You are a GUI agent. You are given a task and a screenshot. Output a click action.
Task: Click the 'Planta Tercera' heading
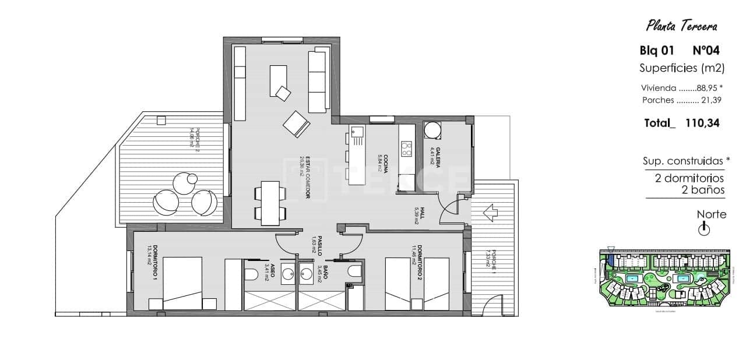point(681,26)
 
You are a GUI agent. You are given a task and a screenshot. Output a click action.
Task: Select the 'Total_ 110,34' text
point(681,123)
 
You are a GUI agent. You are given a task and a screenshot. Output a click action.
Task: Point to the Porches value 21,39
point(711,100)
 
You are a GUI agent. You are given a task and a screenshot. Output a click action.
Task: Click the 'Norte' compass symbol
point(703,230)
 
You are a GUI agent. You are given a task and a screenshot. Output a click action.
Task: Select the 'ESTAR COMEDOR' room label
point(305,178)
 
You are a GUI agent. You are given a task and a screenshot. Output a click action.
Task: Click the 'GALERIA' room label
point(436,158)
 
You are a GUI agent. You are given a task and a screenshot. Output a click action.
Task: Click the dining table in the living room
point(270,203)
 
